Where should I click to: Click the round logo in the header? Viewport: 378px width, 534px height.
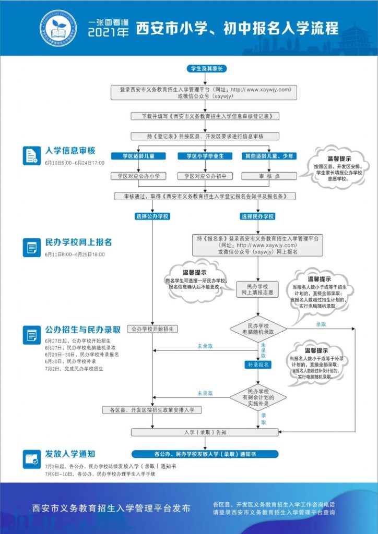(58, 28)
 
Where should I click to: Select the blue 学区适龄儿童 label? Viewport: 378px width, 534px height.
(138, 156)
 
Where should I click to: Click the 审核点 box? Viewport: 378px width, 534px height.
(269, 176)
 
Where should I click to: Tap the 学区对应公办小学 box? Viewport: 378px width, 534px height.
(138, 176)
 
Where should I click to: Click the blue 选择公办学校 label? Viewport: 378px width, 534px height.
(152, 216)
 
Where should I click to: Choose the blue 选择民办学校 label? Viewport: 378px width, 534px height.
(257, 216)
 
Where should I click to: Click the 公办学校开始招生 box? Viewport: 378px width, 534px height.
(152, 329)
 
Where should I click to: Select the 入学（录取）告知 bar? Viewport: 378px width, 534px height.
(205, 432)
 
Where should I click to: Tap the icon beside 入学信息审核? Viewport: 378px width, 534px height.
(32, 155)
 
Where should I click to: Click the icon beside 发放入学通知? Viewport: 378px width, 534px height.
(32, 459)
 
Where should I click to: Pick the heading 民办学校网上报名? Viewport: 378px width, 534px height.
(78, 242)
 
